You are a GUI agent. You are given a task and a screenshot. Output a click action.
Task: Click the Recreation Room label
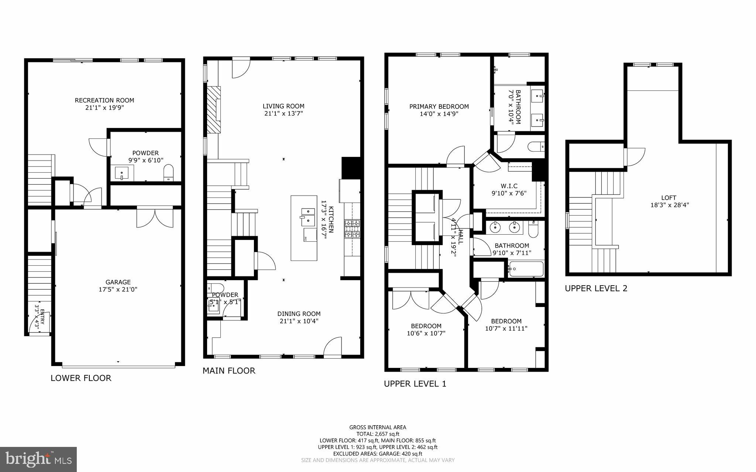click(x=104, y=100)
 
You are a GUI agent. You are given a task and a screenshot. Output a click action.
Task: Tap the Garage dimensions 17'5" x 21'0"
click(x=118, y=290)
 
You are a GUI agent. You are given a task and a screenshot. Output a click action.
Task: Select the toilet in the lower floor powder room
click(x=168, y=173)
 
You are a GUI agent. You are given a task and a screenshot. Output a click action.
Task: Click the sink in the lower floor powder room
click(x=121, y=173)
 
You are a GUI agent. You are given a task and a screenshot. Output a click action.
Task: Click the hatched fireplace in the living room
click(x=213, y=110)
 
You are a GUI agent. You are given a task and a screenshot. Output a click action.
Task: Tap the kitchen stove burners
click(x=352, y=228)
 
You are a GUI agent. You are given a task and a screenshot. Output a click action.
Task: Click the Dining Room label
click(x=299, y=314)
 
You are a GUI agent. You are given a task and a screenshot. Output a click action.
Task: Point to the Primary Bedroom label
click(x=439, y=107)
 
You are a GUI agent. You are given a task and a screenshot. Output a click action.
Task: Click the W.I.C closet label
click(x=509, y=186)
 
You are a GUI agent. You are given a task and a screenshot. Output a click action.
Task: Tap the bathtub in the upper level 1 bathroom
click(x=526, y=269)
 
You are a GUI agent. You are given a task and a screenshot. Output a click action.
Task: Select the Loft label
click(x=669, y=198)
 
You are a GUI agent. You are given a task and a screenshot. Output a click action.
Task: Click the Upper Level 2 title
click(x=596, y=288)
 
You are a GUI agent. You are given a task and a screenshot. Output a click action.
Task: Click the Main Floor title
click(x=228, y=371)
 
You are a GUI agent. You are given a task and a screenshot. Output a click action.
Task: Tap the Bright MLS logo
click(x=38, y=459)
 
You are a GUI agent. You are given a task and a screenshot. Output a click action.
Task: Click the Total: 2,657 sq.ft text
click(x=378, y=434)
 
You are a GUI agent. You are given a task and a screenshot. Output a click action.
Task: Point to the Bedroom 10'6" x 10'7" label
click(x=426, y=326)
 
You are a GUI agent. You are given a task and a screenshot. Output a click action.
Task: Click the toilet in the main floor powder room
click(x=216, y=287)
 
